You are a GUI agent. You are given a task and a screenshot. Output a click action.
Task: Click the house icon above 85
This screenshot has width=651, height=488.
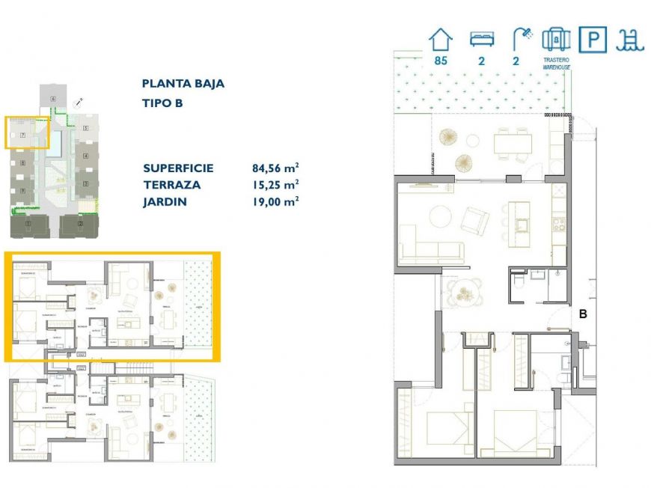(440, 40)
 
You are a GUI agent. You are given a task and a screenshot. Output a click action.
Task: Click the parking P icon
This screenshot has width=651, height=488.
(593, 40)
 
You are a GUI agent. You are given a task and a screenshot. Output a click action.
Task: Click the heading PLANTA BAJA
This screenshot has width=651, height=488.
(183, 84)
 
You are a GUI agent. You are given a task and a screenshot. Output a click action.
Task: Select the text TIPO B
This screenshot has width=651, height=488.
(162, 103)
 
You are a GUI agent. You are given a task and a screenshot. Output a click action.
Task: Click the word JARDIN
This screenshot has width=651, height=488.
(165, 201)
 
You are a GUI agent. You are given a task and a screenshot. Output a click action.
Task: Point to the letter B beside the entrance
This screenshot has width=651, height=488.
(582, 315)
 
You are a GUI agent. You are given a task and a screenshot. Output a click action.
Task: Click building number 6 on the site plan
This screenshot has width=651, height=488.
(53, 99)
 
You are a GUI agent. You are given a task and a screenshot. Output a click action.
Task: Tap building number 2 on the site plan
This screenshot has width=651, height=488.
(79, 223)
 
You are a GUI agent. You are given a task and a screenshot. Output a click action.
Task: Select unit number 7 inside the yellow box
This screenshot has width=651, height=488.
(23, 135)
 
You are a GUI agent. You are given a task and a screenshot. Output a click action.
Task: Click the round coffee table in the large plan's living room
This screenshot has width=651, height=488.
(438, 218)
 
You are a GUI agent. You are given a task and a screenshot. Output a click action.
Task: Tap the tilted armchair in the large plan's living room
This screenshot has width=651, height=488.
(474, 219)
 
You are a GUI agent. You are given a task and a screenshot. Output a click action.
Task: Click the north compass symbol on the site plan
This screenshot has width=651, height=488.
(82, 100)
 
